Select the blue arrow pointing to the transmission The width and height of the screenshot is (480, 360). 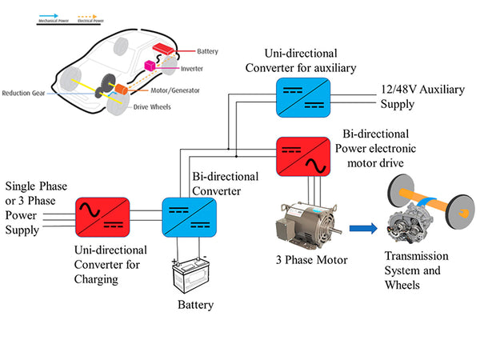362,229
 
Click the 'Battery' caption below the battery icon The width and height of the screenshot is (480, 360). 197,305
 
